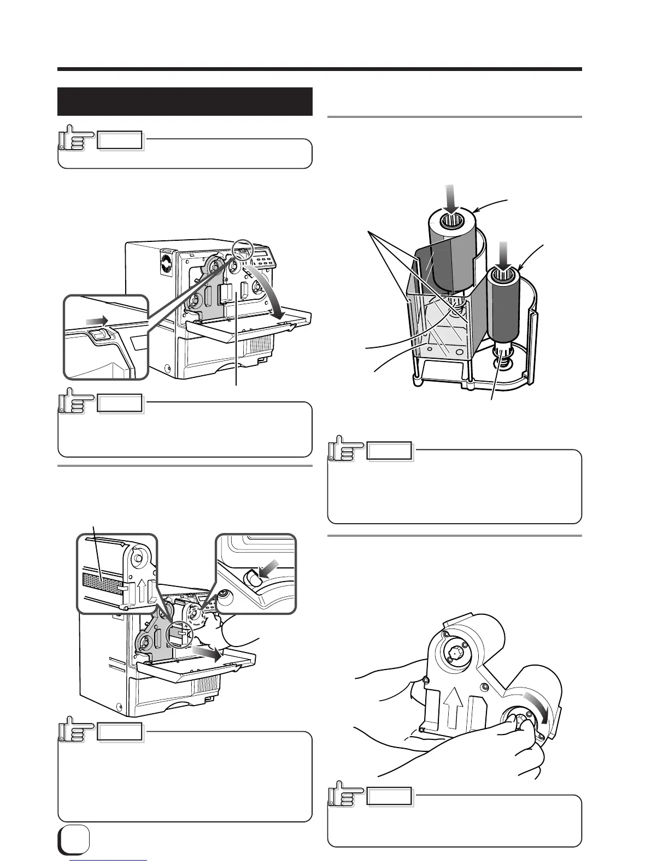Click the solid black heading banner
(x=185, y=102)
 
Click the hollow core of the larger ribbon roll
(x=451, y=223)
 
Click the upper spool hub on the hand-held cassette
(x=455, y=653)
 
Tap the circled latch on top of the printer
(x=240, y=251)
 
